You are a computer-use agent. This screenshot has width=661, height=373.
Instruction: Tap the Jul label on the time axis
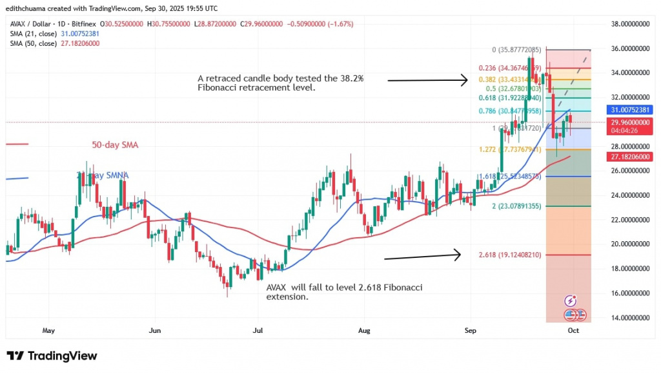pos(258,330)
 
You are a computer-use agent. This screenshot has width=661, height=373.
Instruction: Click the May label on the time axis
pos(48,330)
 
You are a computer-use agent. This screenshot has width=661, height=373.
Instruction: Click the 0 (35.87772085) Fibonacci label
pos(517,48)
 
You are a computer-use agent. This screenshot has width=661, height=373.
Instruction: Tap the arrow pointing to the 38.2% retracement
pos(427,80)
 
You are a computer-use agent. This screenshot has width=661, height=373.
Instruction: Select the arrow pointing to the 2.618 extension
pos(422,256)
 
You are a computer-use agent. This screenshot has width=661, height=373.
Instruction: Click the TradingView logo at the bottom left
pos(52,356)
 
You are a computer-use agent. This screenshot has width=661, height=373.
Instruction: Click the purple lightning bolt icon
pos(571,301)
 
